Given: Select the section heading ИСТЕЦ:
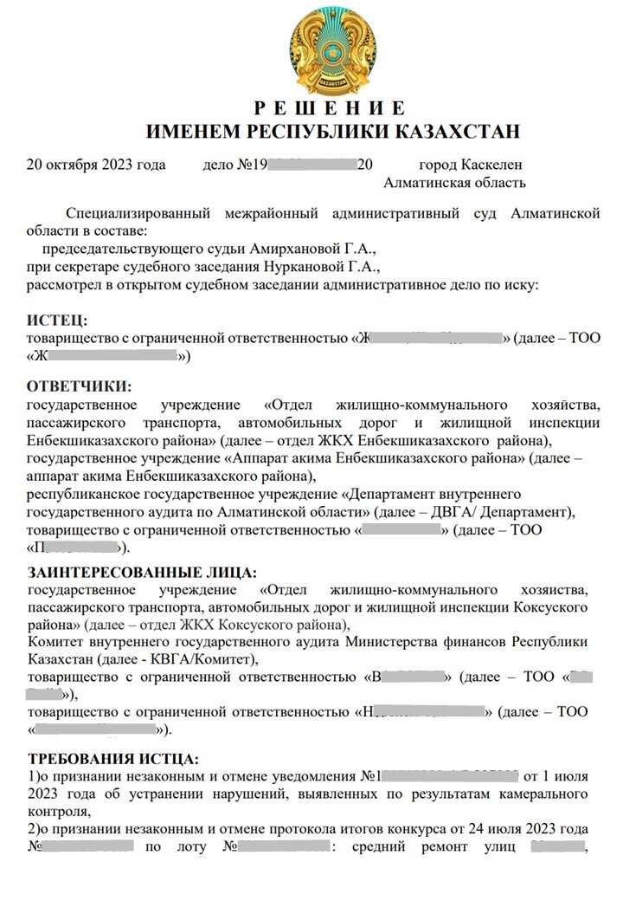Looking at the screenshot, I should click(x=57, y=321).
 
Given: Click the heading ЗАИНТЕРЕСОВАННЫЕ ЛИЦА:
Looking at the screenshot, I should click(x=142, y=573).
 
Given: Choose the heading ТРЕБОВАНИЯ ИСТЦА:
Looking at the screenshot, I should click(x=113, y=758).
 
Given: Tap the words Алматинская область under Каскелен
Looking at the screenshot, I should click(x=453, y=182).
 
